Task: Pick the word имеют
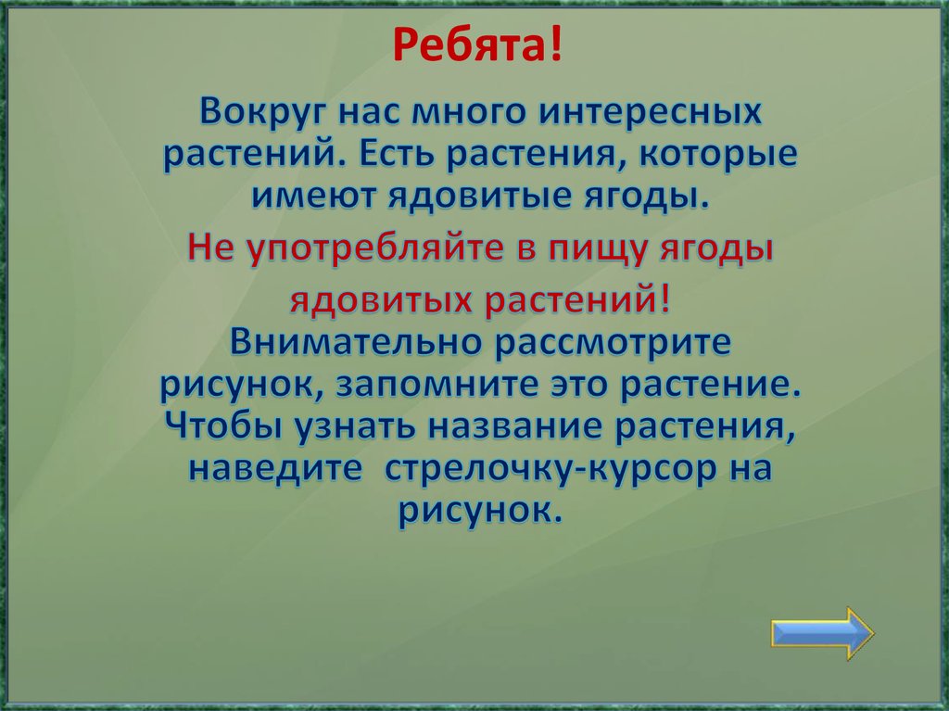click(297, 195)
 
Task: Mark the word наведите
click(274, 468)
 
